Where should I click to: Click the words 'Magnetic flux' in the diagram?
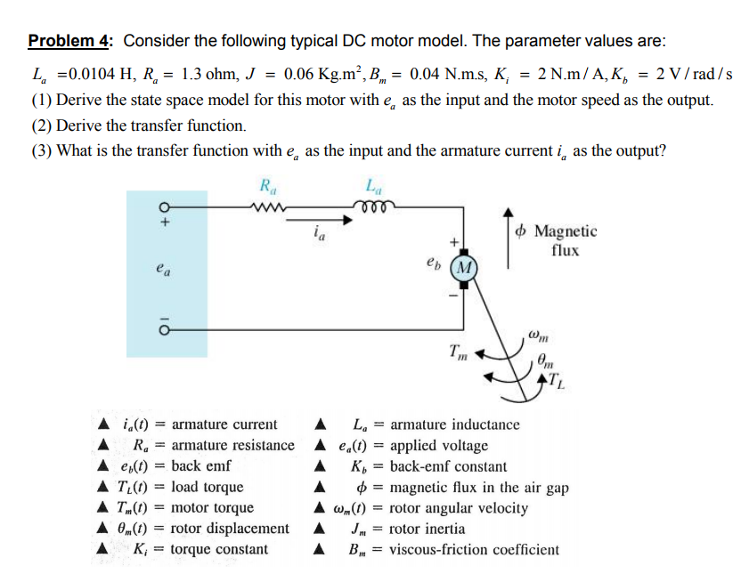click(x=565, y=240)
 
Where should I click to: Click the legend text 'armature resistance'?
click(x=232, y=445)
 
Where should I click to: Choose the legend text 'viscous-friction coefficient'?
click(x=475, y=549)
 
